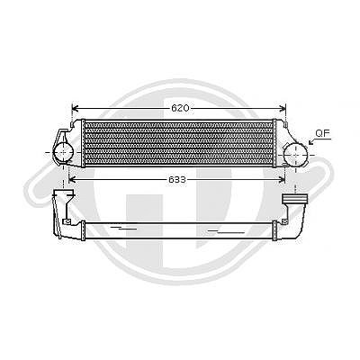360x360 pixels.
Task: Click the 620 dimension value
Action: (x=180, y=108)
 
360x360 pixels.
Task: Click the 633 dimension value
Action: (x=177, y=180)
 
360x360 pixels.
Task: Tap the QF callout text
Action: (x=322, y=133)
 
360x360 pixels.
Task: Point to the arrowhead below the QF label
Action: (x=311, y=142)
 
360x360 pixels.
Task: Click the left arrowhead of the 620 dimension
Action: (x=75, y=108)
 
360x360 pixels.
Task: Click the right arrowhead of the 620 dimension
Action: (x=283, y=108)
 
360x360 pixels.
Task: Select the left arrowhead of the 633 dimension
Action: (x=72, y=180)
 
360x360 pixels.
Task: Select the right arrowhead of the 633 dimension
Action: (x=282, y=180)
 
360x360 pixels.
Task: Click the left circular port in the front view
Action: (x=63, y=152)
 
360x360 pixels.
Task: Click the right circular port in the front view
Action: (x=295, y=154)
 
